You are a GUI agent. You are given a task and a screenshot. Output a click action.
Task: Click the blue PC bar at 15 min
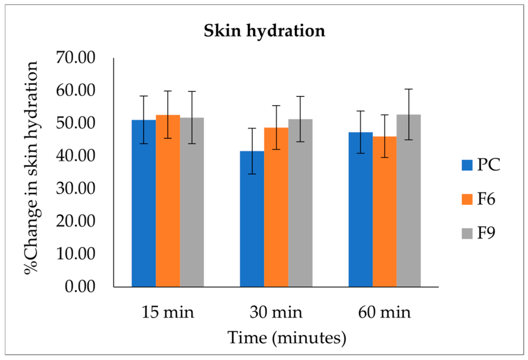(x=143, y=203)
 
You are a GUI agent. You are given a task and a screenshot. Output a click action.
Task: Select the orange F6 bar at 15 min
(x=168, y=201)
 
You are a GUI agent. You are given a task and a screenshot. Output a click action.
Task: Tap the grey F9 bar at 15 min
(x=192, y=202)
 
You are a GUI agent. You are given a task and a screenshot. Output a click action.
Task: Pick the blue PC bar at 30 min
(x=252, y=219)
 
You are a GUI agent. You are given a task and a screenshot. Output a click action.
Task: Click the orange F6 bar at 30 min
(x=276, y=207)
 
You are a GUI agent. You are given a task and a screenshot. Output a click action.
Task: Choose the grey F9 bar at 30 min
(x=300, y=203)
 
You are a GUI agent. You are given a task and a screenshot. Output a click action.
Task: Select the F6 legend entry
(x=480, y=199)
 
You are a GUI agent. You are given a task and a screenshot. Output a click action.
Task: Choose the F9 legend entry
(x=480, y=233)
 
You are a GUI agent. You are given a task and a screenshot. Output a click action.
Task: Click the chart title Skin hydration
(x=264, y=31)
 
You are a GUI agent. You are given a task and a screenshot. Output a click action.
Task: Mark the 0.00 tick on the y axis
(x=82, y=287)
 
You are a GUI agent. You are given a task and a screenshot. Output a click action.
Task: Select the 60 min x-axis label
(x=384, y=313)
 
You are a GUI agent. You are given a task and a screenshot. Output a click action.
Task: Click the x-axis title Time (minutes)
(x=287, y=338)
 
